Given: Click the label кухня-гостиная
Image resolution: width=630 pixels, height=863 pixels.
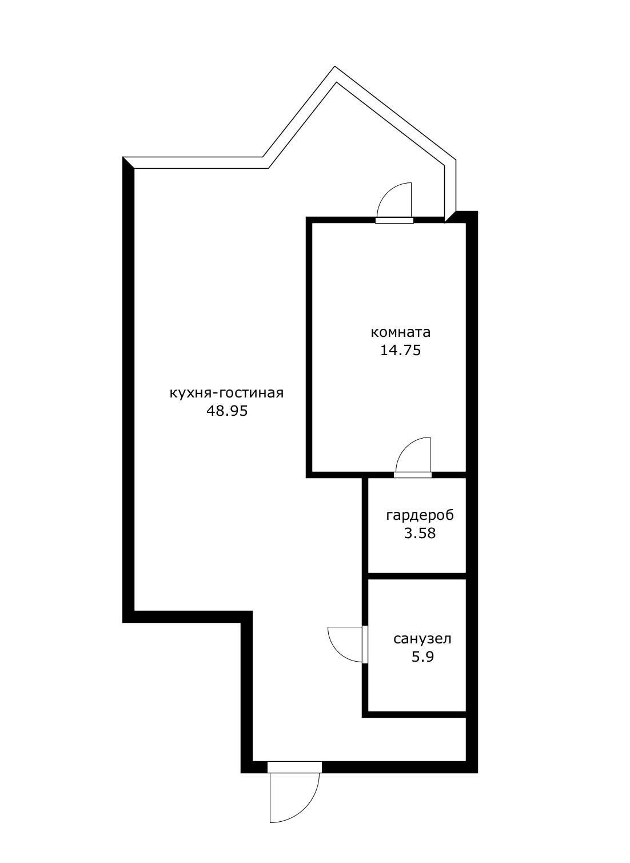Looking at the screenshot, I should pyautogui.click(x=226, y=393).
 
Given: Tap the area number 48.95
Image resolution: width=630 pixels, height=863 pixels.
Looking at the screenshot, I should pyautogui.click(x=226, y=411).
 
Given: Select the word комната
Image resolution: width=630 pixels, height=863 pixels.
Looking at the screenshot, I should pyautogui.click(x=400, y=332).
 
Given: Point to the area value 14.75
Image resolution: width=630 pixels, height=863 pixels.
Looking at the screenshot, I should pyautogui.click(x=400, y=350).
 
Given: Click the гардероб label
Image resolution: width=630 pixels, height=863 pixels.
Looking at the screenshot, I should pyautogui.click(x=420, y=515).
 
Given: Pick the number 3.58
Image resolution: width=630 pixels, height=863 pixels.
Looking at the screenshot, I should pyautogui.click(x=420, y=533).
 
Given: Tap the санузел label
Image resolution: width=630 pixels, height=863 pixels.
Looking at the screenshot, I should pyautogui.click(x=422, y=639).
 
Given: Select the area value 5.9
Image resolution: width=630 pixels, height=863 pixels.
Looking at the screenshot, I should pyautogui.click(x=422, y=657).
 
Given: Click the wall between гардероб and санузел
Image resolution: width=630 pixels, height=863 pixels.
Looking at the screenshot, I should pyautogui.click(x=416, y=576).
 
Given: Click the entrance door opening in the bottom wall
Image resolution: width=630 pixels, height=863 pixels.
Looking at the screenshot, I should pyautogui.click(x=294, y=767).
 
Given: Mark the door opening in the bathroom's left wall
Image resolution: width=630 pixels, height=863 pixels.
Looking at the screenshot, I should pyautogui.click(x=365, y=645).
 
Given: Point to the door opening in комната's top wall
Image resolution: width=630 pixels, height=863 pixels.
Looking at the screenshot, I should pyautogui.click(x=394, y=220).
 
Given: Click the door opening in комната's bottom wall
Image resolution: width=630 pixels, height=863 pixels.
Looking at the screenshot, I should pyautogui.click(x=413, y=475).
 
